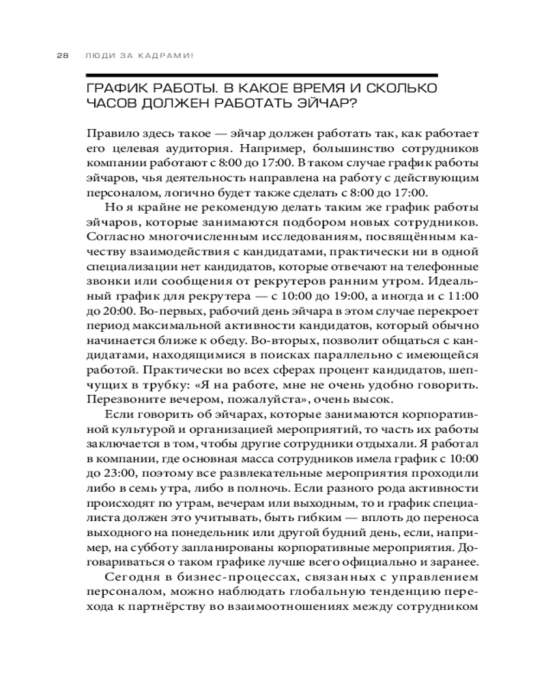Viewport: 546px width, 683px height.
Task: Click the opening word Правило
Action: coord(111,133)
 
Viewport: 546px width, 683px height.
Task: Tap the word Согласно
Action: coord(112,236)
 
